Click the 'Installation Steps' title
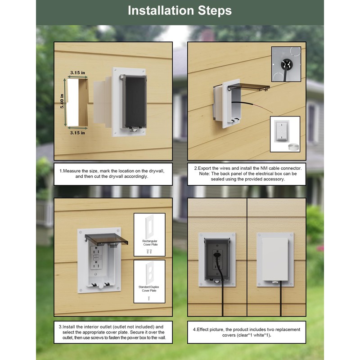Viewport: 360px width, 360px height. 180,11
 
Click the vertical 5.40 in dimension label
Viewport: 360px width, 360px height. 63,102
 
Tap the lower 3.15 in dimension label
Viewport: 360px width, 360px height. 77,133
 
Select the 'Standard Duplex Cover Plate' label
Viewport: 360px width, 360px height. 149,288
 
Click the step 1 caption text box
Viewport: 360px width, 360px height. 112,174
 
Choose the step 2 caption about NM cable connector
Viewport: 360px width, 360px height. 247,174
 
